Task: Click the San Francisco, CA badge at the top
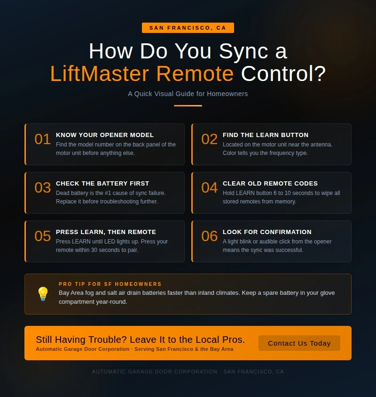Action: click(188, 28)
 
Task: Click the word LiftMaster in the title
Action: click(101, 74)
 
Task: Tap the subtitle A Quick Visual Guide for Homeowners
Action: click(188, 94)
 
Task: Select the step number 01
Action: click(42, 139)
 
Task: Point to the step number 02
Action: click(210, 139)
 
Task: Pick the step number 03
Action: click(42, 188)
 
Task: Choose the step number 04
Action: click(210, 188)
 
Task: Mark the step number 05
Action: click(42, 236)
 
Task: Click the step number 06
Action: click(210, 236)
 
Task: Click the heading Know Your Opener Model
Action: click(105, 135)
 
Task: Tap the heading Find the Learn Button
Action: click(266, 135)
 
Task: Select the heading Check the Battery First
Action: click(102, 184)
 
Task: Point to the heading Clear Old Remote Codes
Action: click(270, 184)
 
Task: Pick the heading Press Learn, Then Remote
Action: click(106, 232)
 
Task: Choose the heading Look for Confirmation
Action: click(267, 232)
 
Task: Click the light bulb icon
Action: click(43, 294)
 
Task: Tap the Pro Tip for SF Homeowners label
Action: click(110, 284)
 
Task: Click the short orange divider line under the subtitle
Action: click(188, 105)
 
